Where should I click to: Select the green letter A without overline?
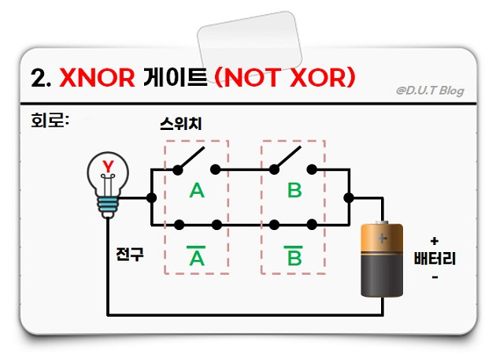pos(197,190)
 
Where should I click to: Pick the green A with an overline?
pos(196,257)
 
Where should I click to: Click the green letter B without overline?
pos(294,190)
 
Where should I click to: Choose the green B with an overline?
pos(294,257)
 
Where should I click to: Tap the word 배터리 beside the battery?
pos(435,258)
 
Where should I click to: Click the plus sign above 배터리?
pos(435,239)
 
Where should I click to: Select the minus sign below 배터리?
pos(435,278)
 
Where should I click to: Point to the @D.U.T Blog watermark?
pos(429,91)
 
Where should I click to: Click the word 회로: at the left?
pos(48,123)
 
